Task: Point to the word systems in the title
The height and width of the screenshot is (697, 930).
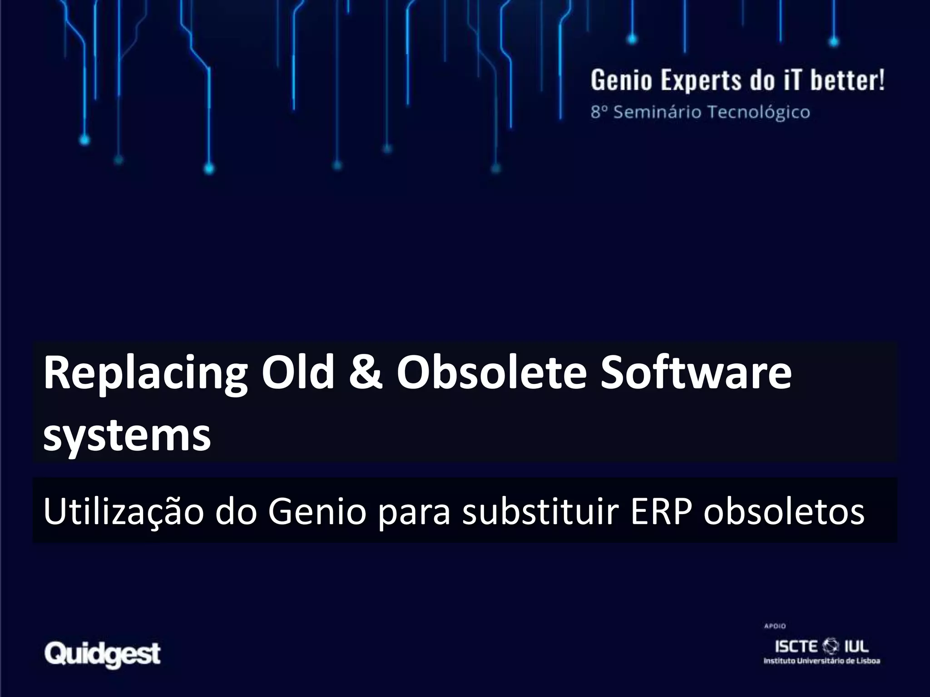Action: [x=127, y=435]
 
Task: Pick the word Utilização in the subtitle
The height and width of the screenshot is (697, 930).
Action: [x=124, y=511]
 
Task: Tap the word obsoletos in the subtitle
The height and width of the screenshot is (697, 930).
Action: [x=784, y=511]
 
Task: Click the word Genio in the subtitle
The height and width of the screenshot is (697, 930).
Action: [x=317, y=511]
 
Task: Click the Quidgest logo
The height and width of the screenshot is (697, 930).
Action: [x=103, y=654]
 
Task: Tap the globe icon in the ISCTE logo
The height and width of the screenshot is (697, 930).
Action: [x=831, y=646]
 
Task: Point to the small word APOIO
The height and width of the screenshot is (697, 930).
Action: [x=775, y=626]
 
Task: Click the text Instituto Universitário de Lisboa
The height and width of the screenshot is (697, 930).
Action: [x=821, y=661]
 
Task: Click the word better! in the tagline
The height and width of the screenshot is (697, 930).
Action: [x=847, y=81]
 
